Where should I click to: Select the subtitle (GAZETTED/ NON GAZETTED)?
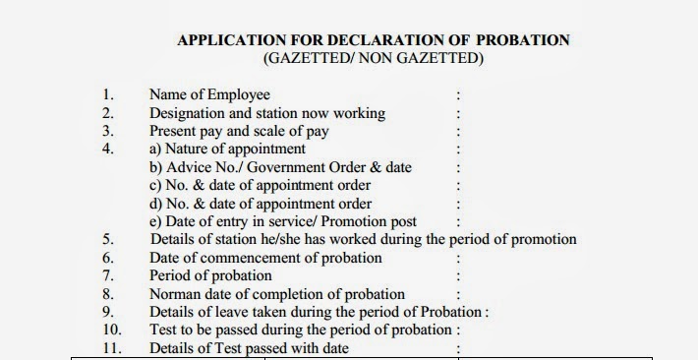coord(373,59)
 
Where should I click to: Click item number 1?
coord(108,95)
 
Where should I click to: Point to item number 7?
coord(109,275)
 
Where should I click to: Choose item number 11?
coord(111,348)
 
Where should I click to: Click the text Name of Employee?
coord(209,95)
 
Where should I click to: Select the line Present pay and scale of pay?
coord(239,131)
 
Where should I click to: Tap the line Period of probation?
coord(210,275)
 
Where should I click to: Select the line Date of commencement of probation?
coord(265,258)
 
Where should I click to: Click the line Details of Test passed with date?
coord(249,348)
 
